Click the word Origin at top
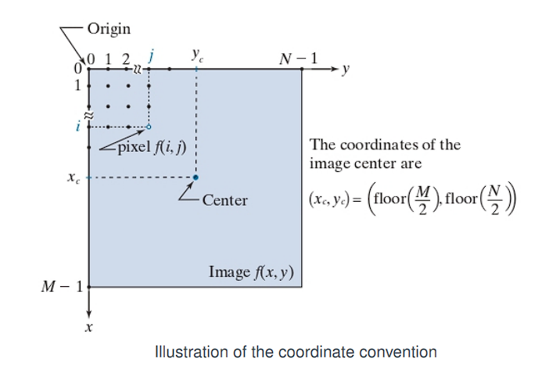(x=109, y=29)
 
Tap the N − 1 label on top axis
(x=299, y=58)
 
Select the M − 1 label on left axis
(x=62, y=287)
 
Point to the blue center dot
(x=196, y=177)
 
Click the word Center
(x=224, y=200)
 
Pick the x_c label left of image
(x=71, y=178)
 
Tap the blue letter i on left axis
(x=77, y=126)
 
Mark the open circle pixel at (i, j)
(x=149, y=126)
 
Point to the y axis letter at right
(x=346, y=70)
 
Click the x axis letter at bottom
(x=89, y=328)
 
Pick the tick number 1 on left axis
(x=78, y=84)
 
